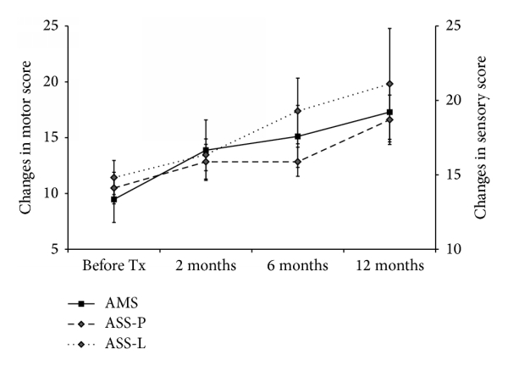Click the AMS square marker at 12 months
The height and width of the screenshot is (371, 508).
pos(389,112)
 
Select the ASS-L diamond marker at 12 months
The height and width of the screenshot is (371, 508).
pos(389,84)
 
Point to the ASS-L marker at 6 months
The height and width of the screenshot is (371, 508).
pos(297,110)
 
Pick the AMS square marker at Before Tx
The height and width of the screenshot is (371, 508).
pos(113,199)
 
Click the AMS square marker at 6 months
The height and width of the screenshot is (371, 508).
pos(297,136)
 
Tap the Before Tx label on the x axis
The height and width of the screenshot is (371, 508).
pos(113,265)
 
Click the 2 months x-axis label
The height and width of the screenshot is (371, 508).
pos(206,265)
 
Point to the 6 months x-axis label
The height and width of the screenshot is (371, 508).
pos(297,265)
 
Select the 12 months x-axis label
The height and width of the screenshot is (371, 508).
pos(389,265)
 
